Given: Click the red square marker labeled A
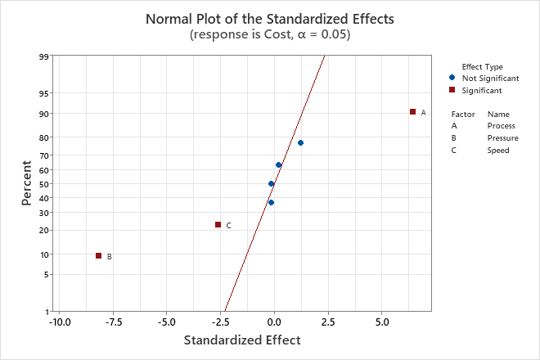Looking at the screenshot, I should pos(412,112).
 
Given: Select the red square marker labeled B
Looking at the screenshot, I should pos(98,256).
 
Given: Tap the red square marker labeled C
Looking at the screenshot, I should pos(218,225).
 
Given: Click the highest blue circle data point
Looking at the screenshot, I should pos(300,143).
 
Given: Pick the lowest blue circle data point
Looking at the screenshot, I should pos(271,203).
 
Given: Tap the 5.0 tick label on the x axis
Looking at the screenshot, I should pos(381,323).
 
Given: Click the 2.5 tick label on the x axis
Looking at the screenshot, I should pos(327,323).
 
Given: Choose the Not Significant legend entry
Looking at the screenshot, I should pos(490,78).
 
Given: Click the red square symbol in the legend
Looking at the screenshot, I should pos(452,90).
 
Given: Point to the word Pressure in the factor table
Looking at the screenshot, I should pos(502,138).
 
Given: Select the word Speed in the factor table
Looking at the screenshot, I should pos(498,151).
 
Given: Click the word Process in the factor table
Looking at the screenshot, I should pos(501,126).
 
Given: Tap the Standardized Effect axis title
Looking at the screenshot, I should pos(242,340).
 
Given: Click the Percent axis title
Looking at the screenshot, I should pos(27,183).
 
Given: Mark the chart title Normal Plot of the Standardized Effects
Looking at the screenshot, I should pos(269,18).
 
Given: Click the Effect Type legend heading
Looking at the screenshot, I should pos(482,67).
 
